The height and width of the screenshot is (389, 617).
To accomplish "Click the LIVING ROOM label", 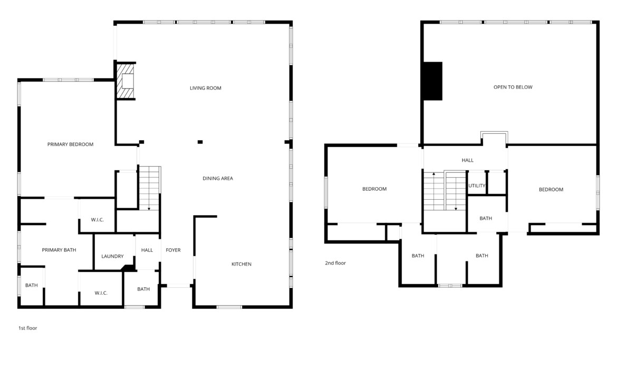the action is [206, 88].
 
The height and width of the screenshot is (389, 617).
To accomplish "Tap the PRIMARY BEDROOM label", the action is [71, 144].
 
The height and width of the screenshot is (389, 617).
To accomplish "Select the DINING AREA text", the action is [218, 179].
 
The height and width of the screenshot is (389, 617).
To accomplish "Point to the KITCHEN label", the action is [241, 264].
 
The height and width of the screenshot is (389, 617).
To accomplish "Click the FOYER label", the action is [173, 250].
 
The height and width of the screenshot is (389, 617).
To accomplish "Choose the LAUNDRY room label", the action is [112, 257].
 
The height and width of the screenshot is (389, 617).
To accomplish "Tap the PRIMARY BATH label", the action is [59, 250].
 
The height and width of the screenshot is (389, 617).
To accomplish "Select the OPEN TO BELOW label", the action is [513, 87].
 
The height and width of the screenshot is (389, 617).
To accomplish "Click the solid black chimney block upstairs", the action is [433, 81].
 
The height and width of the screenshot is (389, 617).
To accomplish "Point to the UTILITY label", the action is [477, 186].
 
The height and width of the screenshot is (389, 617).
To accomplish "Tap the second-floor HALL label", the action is [467, 160].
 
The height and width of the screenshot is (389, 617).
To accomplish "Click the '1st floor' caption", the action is [27, 328].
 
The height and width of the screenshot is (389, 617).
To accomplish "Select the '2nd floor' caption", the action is [335, 263].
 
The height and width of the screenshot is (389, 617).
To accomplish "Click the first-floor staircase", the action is [150, 188].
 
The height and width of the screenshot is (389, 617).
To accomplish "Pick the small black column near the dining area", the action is [200, 142].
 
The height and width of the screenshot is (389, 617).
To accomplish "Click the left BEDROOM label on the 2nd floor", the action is [374, 189].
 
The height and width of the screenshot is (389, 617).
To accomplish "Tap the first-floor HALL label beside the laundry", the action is [147, 250].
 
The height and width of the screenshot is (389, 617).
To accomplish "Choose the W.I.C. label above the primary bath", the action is [97, 220].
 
